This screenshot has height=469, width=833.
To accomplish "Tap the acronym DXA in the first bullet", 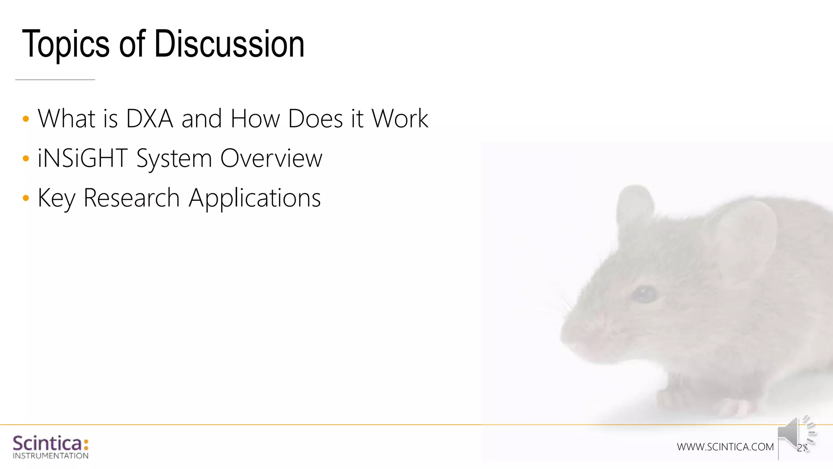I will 150,118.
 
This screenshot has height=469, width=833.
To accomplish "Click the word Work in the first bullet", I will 400,118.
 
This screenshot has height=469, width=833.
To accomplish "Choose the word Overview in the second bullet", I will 271,158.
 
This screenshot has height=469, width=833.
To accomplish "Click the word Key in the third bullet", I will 57,198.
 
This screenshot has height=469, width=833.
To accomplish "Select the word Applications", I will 255,198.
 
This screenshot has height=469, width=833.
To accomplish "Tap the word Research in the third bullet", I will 131,198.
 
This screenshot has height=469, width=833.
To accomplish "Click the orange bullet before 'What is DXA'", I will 26,119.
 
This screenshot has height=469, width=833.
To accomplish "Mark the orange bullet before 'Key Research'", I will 26,198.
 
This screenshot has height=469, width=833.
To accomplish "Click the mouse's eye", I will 645,294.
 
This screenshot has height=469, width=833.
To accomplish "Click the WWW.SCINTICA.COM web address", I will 725,447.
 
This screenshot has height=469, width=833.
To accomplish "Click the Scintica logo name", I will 48,443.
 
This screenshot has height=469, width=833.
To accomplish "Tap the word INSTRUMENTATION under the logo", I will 50,456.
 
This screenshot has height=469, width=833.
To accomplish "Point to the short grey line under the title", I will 55,80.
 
